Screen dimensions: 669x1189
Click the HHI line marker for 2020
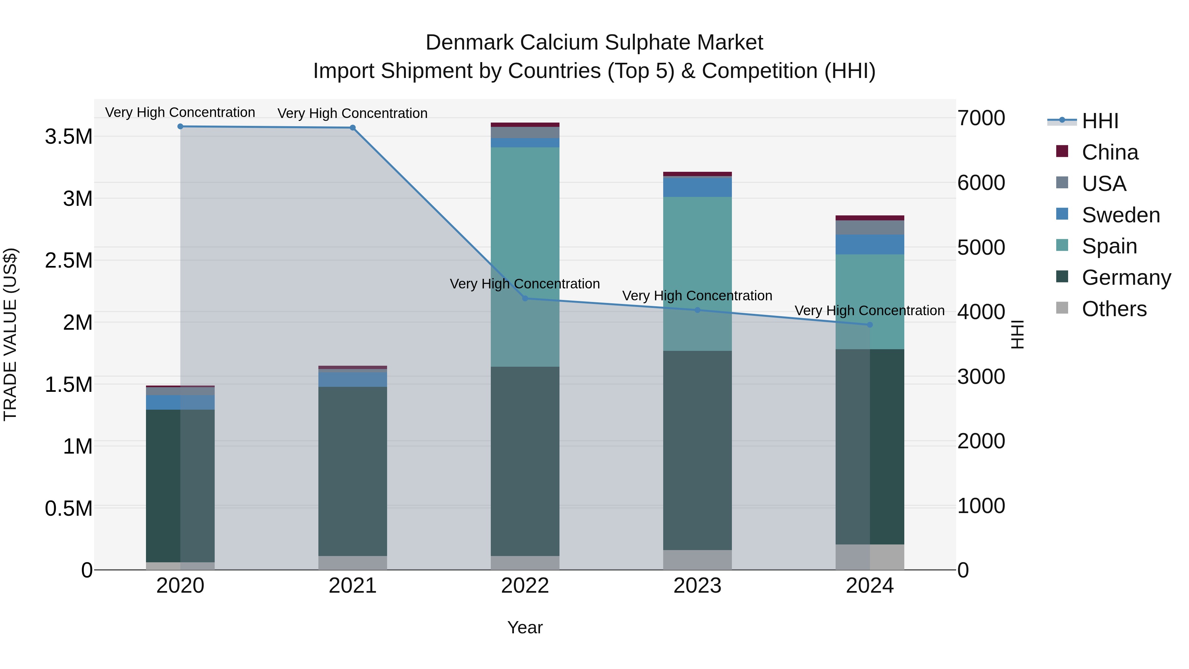[180, 127]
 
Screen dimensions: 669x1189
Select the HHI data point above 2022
[525, 298]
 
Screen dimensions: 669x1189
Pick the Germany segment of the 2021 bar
[353, 471]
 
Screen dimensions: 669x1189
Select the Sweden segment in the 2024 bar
[870, 244]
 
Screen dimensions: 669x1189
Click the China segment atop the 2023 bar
[697, 174]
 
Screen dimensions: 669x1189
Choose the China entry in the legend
[1110, 152]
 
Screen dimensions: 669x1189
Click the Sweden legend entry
[1120, 215]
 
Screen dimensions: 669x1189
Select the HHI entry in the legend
[1099, 121]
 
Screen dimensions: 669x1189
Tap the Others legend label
[1114, 309]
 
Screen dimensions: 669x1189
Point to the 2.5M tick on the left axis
[68, 260]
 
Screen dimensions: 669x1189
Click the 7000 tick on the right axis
[981, 118]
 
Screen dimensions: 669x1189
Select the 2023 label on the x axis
[697, 585]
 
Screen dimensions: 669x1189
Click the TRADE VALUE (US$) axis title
[10, 334]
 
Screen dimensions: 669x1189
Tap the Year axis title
[525, 627]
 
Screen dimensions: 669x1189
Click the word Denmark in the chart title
[469, 43]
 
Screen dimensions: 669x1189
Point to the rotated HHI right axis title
[1017, 334]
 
